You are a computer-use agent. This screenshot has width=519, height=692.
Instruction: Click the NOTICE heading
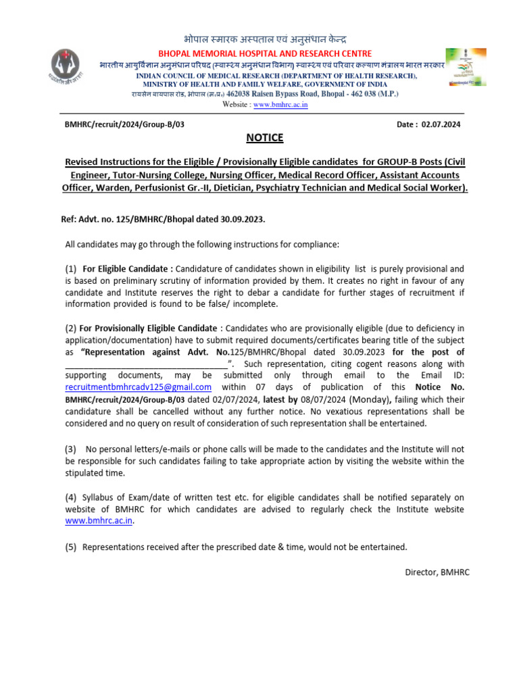pyautogui.click(x=264, y=139)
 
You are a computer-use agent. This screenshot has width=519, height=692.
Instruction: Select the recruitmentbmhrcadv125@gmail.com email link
pyautogui.click(x=139, y=387)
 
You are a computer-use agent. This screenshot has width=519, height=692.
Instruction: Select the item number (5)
pyautogui.click(x=71, y=547)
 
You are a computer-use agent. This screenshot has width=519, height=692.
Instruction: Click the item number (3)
pyautogui.click(x=71, y=449)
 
